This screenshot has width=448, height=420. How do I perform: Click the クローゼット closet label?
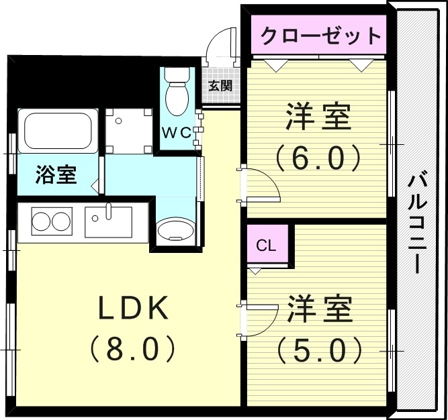click(320, 35)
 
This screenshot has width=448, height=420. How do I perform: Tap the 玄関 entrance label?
click(220, 85)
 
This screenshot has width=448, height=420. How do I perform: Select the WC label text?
click(177, 132)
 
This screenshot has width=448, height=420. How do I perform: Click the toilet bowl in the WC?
click(177, 94)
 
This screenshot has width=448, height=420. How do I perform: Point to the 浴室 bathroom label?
click(56, 176)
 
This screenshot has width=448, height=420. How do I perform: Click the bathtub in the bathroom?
click(58, 131)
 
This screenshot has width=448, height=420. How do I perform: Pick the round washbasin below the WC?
click(175, 230)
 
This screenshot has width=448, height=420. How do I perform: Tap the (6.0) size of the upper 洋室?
click(318, 158)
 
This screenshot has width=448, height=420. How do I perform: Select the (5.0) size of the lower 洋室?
click(318, 348)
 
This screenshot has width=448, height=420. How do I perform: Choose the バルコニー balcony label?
click(418, 222)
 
